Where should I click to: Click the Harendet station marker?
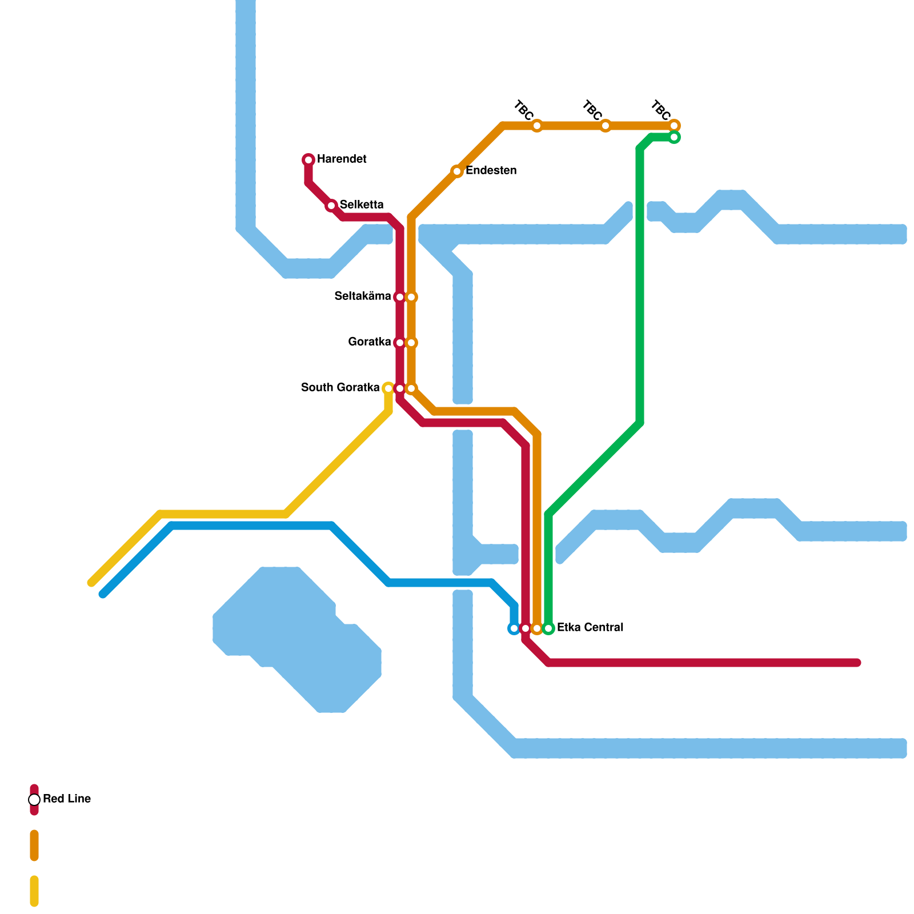point(308,160)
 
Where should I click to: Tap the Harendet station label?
point(342,159)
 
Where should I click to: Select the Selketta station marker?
point(331,206)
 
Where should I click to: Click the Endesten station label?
point(491,171)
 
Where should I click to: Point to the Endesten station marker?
point(457,171)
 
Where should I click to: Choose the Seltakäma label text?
point(363,296)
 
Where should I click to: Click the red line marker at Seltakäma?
point(400,297)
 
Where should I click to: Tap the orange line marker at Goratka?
point(411,343)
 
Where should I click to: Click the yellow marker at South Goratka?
point(388,388)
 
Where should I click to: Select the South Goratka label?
point(340,388)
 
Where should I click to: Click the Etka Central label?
point(590,628)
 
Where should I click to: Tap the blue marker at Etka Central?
point(514,628)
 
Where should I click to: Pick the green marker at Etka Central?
point(548,628)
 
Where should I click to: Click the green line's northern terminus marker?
point(674,137)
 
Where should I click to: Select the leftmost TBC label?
point(524,109)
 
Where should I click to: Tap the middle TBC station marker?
point(606,126)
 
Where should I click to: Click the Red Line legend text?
point(67,799)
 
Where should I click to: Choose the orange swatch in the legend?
point(34,845)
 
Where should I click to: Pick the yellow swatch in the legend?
point(34,891)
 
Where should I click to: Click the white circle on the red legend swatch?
point(34,800)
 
